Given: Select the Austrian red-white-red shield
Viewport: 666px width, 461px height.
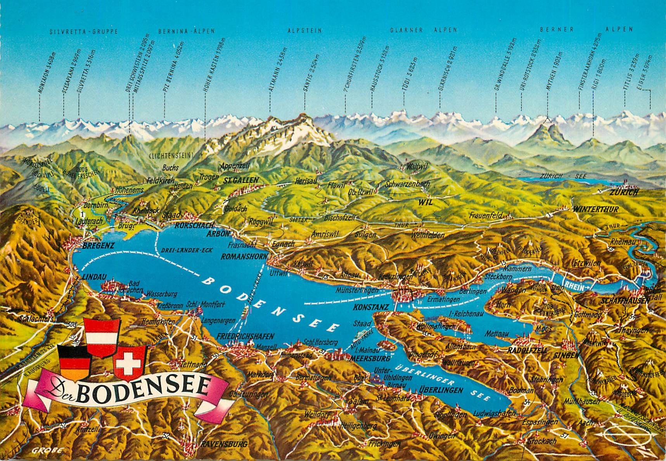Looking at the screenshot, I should [x=102, y=337].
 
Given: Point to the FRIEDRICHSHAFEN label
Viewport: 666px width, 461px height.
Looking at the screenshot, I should [x=245, y=336].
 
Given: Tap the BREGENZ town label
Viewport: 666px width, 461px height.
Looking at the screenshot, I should [x=98, y=246].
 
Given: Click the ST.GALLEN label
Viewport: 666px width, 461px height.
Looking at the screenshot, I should [x=241, y=180].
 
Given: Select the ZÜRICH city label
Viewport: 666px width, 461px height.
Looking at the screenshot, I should [x=624, y=193].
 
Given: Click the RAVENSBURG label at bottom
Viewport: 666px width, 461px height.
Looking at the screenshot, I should [x=224, y=444].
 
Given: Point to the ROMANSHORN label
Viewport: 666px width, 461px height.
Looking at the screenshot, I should [x=244, y=256].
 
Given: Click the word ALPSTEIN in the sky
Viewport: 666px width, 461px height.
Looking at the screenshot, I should [x=304, y=30].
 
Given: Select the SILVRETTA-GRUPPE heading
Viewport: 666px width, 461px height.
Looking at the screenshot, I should [x=83, y=32].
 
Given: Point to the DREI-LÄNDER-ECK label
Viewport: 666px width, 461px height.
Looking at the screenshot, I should [x=186, y=250].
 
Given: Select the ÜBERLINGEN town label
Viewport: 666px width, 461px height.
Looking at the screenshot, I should [x=441, y=390].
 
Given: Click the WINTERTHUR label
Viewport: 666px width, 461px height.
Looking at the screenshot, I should [x=595, y=209].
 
